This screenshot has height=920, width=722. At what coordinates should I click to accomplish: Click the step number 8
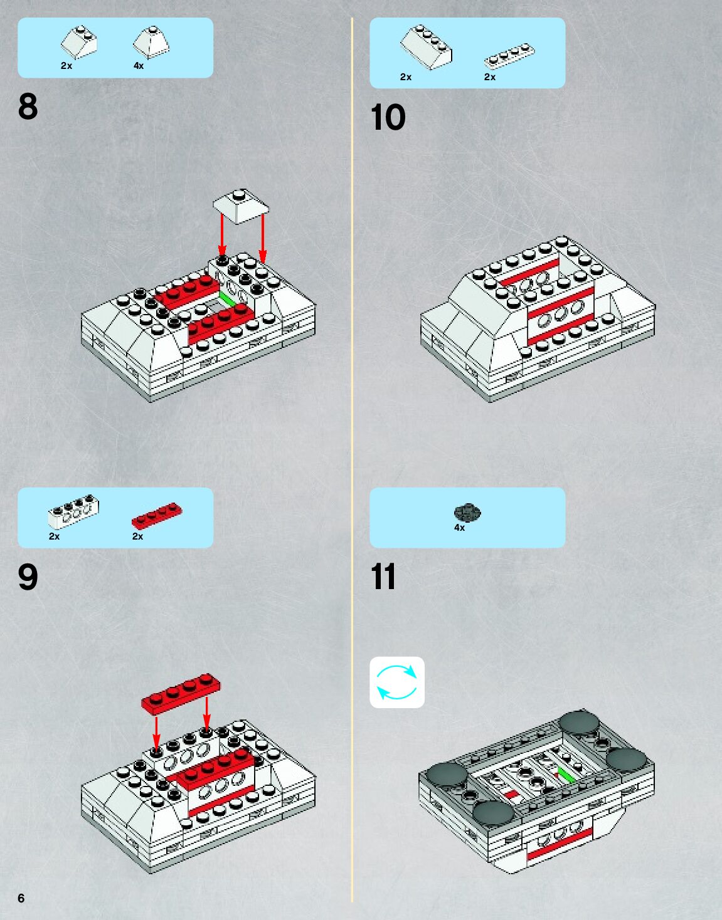(28, 107)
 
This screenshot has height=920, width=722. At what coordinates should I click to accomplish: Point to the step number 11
(383, 576)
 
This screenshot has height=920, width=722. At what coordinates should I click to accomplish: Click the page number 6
(21, 898)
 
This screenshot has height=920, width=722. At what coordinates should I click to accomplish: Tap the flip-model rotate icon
(397, 682)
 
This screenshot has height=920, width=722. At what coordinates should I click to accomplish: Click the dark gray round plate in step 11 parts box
(467, 512)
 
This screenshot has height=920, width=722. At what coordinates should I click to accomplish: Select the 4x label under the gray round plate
(459, 528)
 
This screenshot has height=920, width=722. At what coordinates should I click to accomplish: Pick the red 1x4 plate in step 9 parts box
(157, 515)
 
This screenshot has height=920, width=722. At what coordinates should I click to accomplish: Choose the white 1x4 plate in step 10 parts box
(509, 56)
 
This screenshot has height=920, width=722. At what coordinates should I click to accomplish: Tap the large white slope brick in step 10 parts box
(426, 47)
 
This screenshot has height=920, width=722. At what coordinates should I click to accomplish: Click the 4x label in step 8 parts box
(139, 66)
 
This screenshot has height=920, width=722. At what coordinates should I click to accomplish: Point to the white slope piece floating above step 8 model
(241, 206)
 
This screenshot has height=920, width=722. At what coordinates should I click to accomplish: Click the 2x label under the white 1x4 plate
(490, 77)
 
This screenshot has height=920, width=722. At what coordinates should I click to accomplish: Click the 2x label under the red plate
(138, 536)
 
